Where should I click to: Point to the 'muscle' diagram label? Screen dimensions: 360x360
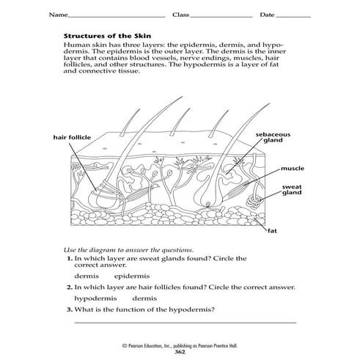point(292,169)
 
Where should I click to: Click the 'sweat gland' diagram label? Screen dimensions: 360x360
point(293,191)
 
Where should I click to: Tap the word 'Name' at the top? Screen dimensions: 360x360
point(59,15)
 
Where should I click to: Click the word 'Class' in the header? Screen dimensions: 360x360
point(180,15)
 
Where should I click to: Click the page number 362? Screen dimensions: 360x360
point(180,353)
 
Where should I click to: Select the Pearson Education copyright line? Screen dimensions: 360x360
point(180,347)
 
